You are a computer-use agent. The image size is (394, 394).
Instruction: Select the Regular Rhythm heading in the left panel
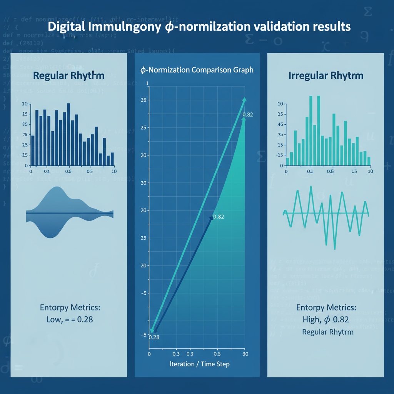click(69, 75)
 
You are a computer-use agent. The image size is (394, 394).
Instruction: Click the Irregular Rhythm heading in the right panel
click(326, 75)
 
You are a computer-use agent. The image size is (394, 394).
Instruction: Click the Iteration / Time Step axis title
click(199, 364)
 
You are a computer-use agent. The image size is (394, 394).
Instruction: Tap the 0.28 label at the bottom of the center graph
click(154, 337)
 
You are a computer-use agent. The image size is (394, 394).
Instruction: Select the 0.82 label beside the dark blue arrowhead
click(218, 217)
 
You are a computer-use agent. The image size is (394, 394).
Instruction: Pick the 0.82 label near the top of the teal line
click(248, 115)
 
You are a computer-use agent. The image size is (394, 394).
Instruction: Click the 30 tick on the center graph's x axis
click(244, 353)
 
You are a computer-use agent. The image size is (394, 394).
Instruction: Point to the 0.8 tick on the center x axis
click(217, 353)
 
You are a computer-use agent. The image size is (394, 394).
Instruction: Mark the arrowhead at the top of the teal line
click(244, 100)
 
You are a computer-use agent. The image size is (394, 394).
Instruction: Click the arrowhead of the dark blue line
click(211, 218)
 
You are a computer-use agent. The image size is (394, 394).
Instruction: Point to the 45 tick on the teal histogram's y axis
click(280, 125)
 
